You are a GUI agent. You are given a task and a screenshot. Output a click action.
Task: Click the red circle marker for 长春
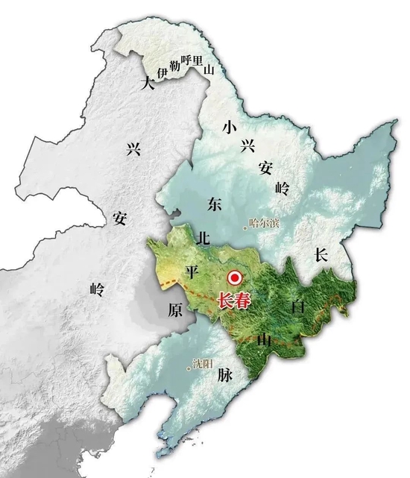235,278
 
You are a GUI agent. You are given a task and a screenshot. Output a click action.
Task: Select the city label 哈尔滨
265,223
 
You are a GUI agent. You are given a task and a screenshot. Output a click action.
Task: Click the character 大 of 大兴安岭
148,84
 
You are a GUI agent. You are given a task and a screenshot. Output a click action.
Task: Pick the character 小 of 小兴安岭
229,127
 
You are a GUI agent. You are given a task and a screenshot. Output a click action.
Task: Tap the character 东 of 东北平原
215,204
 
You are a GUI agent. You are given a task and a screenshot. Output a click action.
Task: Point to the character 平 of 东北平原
192,271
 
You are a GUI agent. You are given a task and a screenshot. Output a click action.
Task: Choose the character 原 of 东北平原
175,310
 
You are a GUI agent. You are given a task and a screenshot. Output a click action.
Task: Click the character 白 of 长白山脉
297,306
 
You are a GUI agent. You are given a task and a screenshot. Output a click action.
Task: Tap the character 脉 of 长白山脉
226,375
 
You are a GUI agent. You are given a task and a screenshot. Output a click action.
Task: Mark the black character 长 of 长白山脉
321,255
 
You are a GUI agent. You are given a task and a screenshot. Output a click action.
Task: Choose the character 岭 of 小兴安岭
281,187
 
